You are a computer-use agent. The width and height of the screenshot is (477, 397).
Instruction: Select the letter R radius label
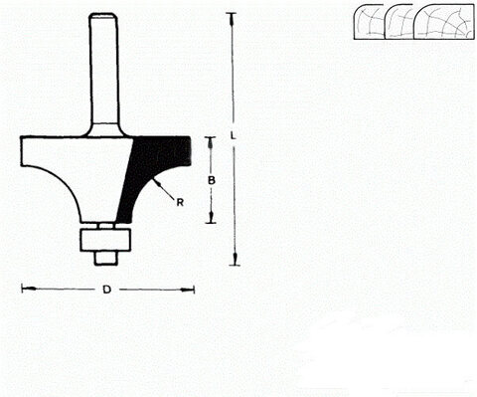(179, 203)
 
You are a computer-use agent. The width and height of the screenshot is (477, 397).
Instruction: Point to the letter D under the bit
(106, 290)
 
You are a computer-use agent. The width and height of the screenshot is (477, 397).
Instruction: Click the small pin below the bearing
(101, 255)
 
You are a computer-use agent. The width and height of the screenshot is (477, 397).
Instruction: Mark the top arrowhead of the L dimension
(234, 18)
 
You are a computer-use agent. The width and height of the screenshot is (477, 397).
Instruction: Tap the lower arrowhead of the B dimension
(210, 217)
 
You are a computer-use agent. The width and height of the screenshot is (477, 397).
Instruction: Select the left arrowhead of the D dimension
(26, 290)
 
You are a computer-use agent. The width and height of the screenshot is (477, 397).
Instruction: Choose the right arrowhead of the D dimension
(189, 290)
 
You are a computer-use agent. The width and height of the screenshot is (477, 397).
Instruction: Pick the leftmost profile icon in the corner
(369, 21)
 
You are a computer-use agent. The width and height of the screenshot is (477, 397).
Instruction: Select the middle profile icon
(400, 21)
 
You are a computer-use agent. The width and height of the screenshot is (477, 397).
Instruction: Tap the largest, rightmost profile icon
(443, 22)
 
